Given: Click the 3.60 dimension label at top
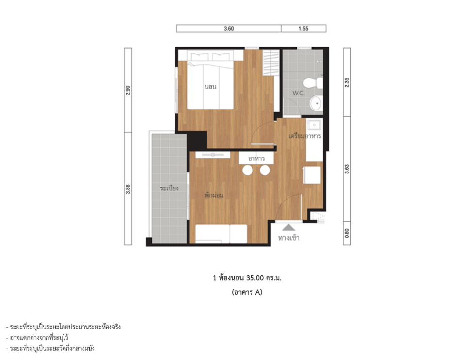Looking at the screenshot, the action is [x=229, y=29].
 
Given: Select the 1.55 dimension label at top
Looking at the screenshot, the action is [x=303, y=29].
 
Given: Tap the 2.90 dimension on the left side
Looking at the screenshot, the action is [x=128, y=90].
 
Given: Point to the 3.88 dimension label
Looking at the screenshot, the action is [x=128, y=189].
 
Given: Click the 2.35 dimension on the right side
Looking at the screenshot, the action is [x=347, y=82].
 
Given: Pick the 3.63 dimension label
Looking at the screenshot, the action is [x=347, y=169].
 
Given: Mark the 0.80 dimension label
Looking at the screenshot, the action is [x=347, y=233].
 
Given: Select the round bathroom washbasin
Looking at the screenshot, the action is [x=316, y=103].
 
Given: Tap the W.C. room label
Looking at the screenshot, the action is [x=299, y=94].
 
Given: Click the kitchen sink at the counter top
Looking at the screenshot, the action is [x=314, y=125].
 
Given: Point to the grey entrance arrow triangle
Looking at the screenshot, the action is [x=288, y=227].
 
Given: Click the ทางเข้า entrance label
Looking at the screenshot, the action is [x=289, y=238].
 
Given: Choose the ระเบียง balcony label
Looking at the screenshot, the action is [x=170, y=188].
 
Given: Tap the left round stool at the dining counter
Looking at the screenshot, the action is [x=248, y=170].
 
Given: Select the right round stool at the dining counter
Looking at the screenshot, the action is [x=265, y=170].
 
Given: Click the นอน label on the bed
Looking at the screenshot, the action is [x=210, y=87].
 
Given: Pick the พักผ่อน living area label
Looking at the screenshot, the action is [x=214, y=195].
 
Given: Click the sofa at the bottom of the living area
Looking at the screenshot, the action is [x=221, y=234].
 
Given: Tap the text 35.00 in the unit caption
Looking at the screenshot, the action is [x=255, y=278].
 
